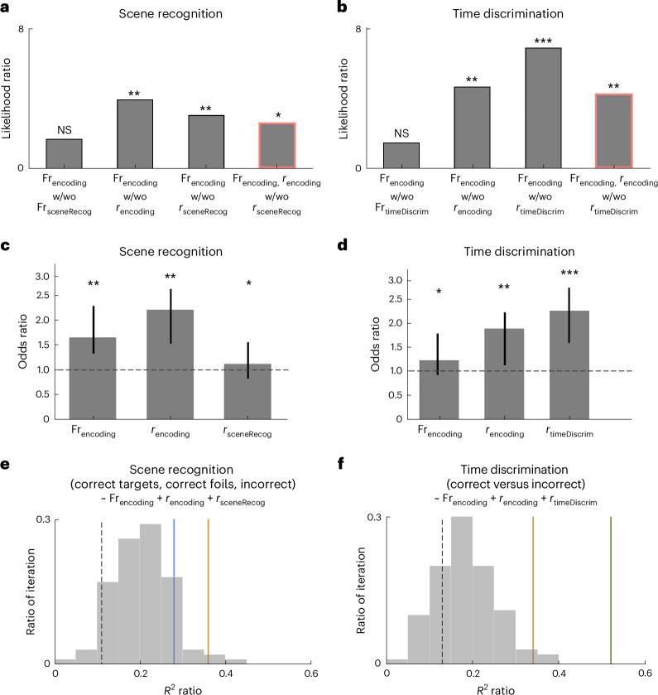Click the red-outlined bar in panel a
coord(277,146)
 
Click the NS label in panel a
coord(64,129)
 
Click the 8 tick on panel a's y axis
coord(31,30)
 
